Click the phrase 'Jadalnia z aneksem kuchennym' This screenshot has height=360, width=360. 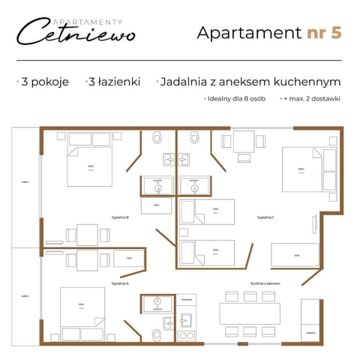[251, 82]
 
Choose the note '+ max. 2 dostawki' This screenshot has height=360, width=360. [310, 98]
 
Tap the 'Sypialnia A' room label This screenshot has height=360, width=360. [120, 283]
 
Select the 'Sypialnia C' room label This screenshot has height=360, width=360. [265, 217]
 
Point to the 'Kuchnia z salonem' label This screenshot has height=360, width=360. [265, 283]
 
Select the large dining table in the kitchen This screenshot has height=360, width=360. [250, 313]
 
